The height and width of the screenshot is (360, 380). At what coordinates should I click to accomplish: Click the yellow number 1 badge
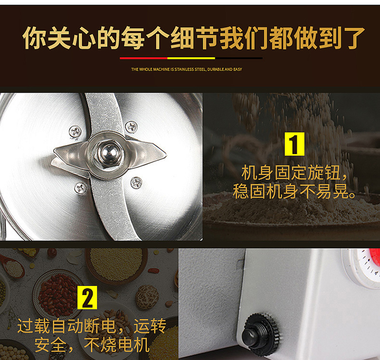[x=294, y=144]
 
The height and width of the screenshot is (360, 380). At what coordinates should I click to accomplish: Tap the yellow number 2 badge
[x=87, y=298]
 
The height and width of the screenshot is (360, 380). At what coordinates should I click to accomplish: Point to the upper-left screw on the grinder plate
[x=75, y=132]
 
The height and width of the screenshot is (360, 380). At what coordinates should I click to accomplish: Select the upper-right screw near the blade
[x=131, y=126]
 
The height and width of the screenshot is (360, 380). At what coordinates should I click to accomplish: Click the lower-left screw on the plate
[x=80, y=188]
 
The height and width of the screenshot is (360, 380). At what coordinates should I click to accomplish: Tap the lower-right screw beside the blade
[x=136, y=183]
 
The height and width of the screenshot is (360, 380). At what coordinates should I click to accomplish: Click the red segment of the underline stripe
[x=143, y=58]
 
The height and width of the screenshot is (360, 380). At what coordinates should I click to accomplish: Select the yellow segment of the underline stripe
[x=191, y=58]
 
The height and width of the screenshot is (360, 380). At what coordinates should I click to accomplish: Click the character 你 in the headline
[x=34, y=38]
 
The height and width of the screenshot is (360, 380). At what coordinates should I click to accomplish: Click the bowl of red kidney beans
[x=57, y=295]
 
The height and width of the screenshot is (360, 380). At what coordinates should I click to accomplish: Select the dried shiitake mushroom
[x=147, y=297]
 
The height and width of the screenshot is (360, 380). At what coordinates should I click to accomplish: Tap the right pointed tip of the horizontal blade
[x=166, y=153]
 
